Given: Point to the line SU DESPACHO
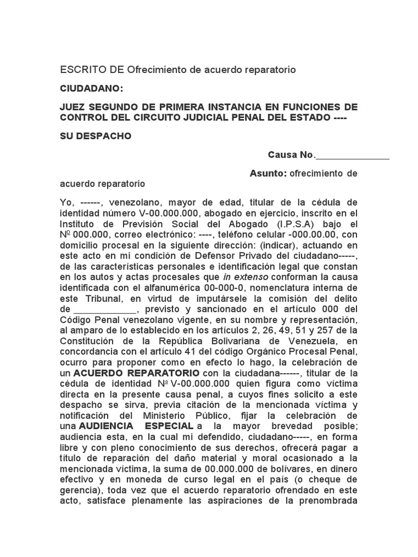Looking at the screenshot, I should coord(95,136).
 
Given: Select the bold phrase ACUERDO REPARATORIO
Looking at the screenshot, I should coord(136,373).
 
